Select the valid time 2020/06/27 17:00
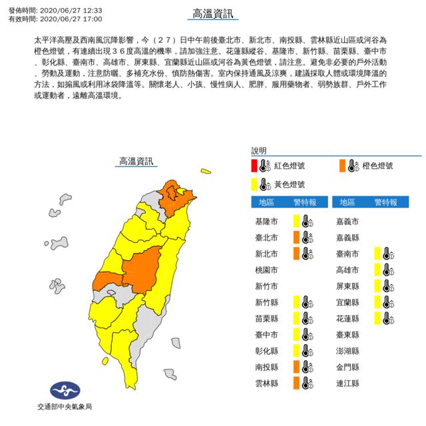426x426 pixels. coord(66,19)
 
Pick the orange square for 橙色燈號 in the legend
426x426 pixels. coord(341,165)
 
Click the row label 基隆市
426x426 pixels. coord(268,220)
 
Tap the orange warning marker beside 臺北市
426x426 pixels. coord(296,236)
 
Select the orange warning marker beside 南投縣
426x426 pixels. coord(296,367)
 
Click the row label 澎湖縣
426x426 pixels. coord(348,351)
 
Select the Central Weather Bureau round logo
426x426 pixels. coord(64,389)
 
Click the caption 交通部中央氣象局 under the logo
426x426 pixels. coord(64,407)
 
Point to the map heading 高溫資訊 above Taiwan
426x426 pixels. coord(136,161)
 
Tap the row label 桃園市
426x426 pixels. coord(268,269)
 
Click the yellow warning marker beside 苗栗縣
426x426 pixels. coord(296,318)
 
